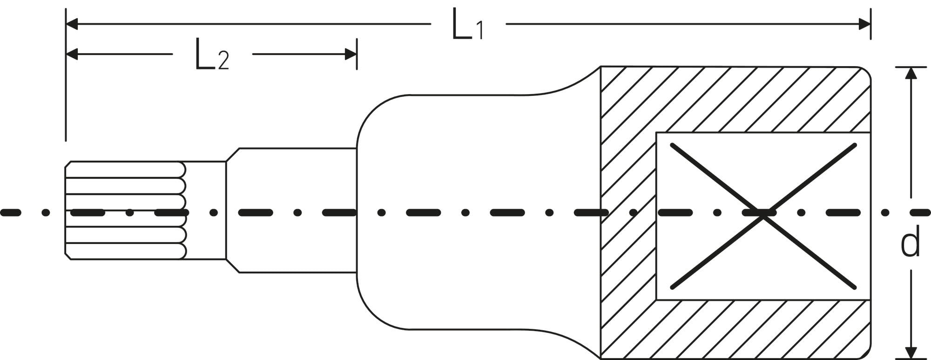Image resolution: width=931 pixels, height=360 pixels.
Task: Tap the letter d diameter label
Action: (x=911, y=242)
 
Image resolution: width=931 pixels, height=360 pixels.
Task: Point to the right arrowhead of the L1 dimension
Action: (x=864, y=24)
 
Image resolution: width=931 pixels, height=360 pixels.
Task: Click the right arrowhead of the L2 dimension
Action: (x=351, y=54)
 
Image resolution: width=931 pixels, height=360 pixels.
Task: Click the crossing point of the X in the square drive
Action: (x=763, y=216)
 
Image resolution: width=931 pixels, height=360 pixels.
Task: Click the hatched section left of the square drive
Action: (x=628, y=214)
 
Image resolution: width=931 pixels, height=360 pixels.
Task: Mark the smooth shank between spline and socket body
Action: (x=291, y=210)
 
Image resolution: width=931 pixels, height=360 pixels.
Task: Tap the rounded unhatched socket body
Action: (x=479, y=212)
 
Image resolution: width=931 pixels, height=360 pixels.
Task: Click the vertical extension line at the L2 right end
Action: (x=357, y=54)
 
